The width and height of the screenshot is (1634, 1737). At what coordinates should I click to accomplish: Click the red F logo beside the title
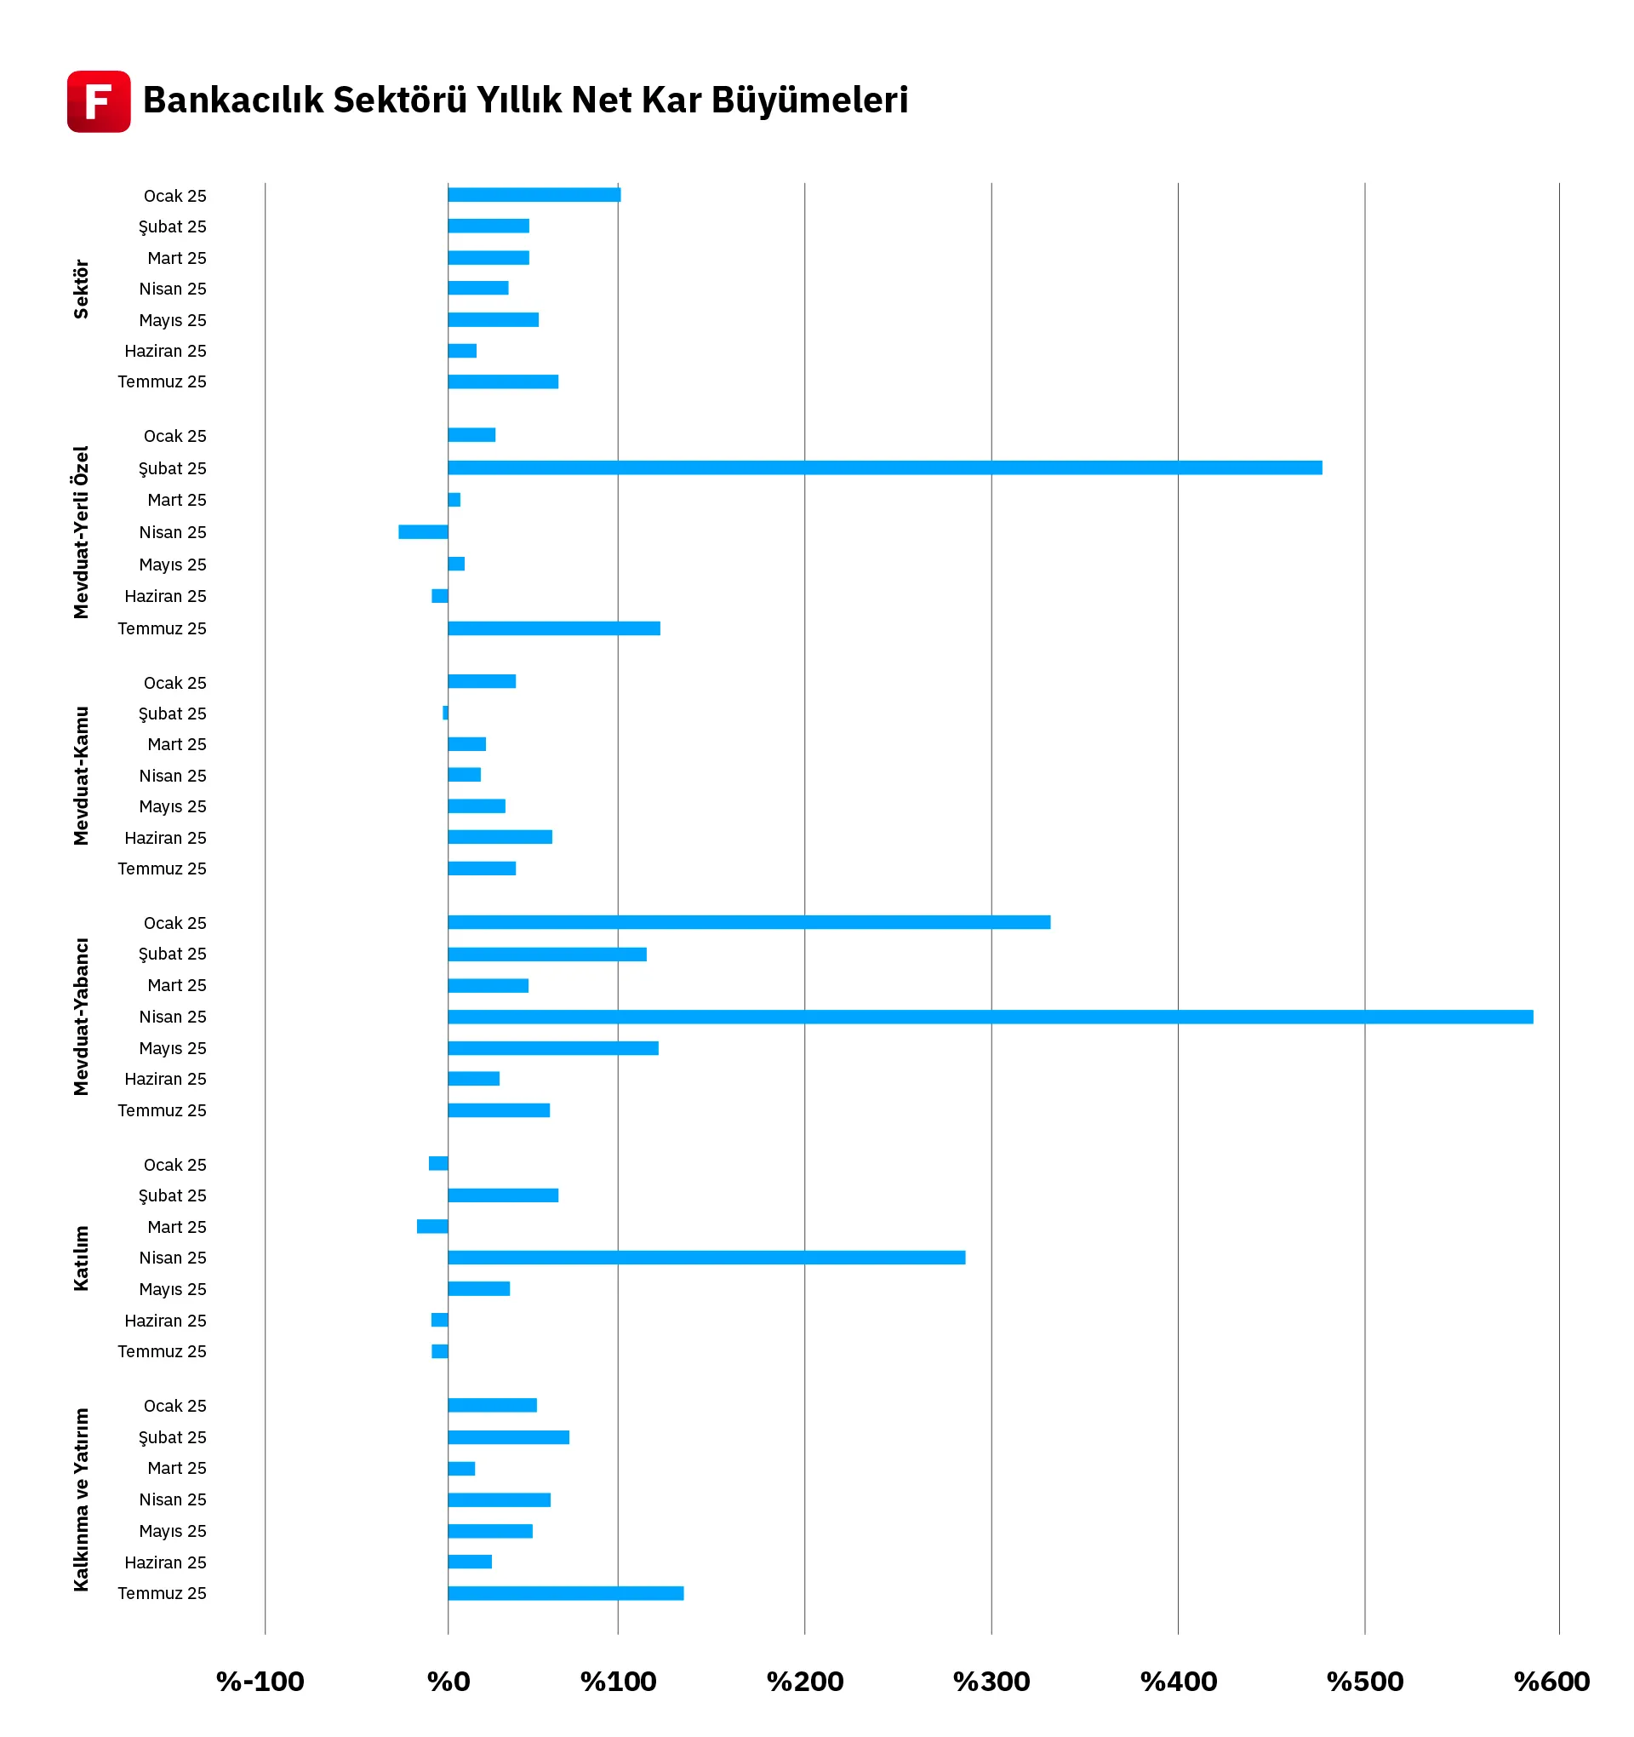[x=99, y=101]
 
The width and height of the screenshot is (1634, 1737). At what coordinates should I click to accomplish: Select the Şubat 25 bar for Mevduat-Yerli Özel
[x=884, y=467]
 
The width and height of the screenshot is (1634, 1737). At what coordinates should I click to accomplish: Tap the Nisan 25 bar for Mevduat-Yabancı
[x=990, y=1016]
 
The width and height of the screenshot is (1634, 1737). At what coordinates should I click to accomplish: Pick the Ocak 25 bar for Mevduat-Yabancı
[x=748, y=922]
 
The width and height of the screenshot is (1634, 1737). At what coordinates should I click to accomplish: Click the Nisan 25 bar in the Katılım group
[x=706, y=1258]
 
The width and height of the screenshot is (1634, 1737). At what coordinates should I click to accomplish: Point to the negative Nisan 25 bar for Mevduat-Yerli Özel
[x=423, y=531]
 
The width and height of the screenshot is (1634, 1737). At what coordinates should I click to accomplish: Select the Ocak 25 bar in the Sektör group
[x=534, y=195]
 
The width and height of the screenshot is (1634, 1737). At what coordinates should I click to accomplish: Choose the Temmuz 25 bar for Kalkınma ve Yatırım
[x=565, y=1593]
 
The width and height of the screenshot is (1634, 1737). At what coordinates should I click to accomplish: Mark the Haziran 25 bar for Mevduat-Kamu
[x=500, y=837]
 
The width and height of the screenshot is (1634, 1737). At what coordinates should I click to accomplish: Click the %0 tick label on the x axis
[x=448, y=1681]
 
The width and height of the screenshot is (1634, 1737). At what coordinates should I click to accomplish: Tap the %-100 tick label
[x=260, y=1681]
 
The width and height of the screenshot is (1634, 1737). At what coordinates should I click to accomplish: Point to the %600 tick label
[x=1551, y=1681]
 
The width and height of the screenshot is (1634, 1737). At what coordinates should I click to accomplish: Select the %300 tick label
[x=991, y=1681]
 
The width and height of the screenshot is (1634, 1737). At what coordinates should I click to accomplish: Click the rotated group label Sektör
[x=81, y=289]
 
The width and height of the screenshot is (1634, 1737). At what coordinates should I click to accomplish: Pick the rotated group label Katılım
[x=81, y=1258]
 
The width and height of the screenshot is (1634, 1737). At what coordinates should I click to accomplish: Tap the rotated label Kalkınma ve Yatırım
[x=81, y=1499]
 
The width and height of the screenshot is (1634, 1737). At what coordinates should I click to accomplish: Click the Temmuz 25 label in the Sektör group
[x=163, y=381]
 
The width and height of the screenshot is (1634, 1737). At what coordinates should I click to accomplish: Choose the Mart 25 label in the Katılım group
[x=176, y=1227]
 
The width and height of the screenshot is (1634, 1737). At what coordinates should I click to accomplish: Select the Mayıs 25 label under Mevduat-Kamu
[x=173, y=806]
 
